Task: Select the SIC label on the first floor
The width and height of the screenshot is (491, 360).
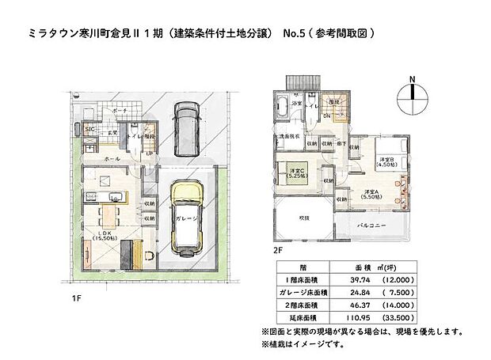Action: click(x=90, y=128)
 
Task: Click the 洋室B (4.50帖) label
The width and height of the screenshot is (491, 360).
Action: click(x=386, y=163)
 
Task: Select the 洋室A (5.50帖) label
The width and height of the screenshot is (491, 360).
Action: click(x=373, y=195)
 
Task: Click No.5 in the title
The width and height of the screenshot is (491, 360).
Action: click(x=293, y=36)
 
